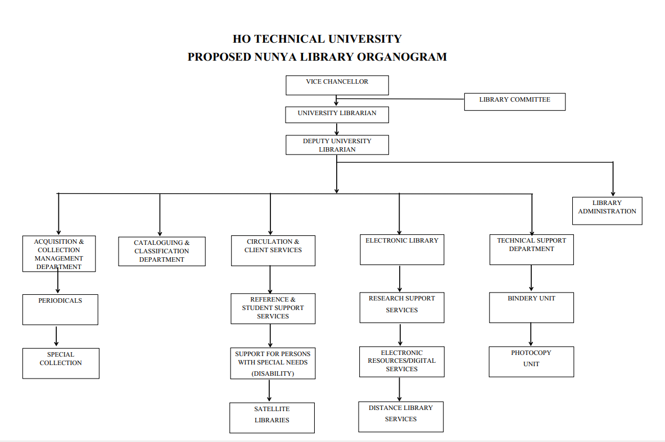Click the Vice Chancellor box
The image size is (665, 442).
[337, 85]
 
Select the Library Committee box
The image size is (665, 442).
[514, 102]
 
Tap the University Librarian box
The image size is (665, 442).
[337, 114]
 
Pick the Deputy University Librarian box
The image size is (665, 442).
[337, 145]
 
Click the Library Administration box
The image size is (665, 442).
[607, 211]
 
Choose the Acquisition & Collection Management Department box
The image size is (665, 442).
[59, 254]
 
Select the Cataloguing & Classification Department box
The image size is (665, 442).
[162, 252]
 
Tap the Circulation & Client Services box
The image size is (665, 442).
[273, 250]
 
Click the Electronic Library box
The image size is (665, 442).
[402, 249]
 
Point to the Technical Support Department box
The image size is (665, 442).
[531, 249]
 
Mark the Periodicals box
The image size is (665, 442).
[60, 309]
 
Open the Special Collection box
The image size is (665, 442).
[61, 363]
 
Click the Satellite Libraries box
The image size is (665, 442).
[272, 417]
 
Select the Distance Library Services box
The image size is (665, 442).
[401, 416]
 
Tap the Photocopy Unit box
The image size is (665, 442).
[531, 361]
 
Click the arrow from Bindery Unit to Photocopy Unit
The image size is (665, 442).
[531, 335]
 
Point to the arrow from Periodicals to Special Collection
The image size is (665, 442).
[56, 336]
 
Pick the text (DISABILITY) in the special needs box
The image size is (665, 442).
[273, 373]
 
